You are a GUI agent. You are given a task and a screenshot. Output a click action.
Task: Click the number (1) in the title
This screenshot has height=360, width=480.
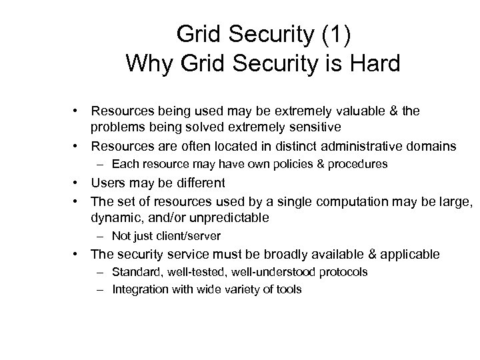point(333,33)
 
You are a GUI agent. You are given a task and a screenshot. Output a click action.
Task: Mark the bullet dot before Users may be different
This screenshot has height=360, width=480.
point(78,183)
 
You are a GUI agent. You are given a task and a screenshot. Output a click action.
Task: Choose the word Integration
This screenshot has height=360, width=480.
point(138,289)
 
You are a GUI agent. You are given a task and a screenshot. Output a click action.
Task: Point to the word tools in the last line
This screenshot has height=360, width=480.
point(289,289)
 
